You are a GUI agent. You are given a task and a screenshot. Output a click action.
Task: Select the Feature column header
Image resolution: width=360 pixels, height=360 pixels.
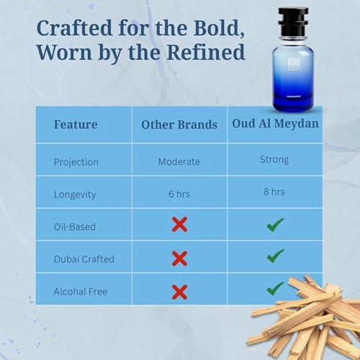(x=76, y=124)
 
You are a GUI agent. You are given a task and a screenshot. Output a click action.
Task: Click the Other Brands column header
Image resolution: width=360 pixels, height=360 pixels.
(x=179, y=125)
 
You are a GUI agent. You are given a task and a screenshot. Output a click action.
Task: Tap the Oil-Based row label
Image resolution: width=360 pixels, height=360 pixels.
(x=75, y=226)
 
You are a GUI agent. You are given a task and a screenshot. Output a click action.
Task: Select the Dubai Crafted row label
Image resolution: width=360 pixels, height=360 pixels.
(x=84, y=258)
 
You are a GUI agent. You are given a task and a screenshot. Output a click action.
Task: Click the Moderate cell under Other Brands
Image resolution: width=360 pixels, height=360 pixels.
(x=179, y=161)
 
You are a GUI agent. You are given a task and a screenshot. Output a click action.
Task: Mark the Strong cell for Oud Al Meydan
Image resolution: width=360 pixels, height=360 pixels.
(x=274, y=159)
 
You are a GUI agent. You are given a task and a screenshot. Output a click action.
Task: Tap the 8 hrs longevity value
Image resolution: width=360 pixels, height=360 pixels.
(x=274, y=192)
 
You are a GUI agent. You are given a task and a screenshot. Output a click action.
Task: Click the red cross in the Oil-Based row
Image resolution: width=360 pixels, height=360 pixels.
(x=179, y=225)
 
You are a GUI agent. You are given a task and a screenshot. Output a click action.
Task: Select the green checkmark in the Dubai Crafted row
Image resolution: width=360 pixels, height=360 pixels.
(x=274, y=256)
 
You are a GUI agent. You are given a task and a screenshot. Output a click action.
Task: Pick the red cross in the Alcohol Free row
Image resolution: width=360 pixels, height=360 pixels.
(x=179, y=291)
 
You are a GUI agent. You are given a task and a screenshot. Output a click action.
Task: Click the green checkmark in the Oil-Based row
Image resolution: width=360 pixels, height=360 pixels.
(x=274, y=225)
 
